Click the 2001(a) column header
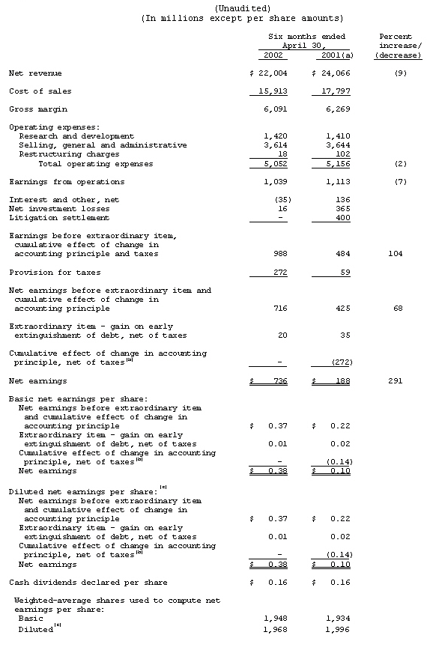click(x=335, y=55)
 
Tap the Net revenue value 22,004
click(x=273, y=73)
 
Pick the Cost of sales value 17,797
click(x=335, y=91)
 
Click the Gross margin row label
click(x=35, y=109)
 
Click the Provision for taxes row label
click(x=55, y=273)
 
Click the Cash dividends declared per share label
click(x=88, y=582)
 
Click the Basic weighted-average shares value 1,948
click(x=276, y=619)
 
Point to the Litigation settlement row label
click(x=59, y=218)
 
